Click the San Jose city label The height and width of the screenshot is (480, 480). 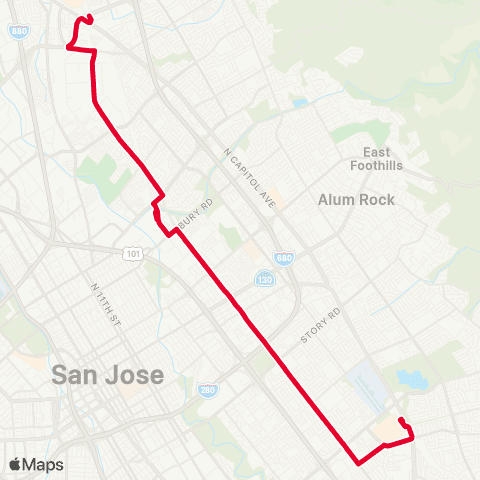107,375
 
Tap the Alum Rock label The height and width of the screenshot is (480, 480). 356,199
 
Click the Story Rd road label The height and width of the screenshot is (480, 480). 321,327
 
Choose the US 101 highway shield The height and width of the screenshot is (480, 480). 133,255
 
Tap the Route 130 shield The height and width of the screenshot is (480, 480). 264,278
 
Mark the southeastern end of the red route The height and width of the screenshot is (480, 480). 401,420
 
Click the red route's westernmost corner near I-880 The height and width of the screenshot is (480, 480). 68,45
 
